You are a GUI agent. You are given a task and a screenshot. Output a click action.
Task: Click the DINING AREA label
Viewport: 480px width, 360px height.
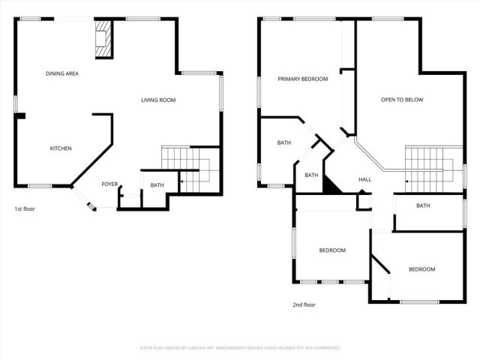click(x=62, y=73)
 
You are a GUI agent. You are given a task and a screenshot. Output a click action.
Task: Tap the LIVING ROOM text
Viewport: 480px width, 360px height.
click(x=158, y=100)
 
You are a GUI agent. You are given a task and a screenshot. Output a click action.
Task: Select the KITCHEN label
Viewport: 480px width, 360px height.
click(x=61, y=148)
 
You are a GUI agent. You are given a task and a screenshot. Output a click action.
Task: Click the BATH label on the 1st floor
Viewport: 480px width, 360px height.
click(x=157, y=185)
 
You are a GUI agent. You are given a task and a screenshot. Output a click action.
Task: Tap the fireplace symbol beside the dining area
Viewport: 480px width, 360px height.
click(x=103, y=38)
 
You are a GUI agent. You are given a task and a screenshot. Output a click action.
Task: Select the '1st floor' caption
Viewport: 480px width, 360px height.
click(x=24, y=208)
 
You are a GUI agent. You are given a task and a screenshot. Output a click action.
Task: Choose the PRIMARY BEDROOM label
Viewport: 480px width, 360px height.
click(x=302, y=79)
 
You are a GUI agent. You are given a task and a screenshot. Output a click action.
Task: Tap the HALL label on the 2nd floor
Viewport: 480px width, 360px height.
click(x=365, y=180)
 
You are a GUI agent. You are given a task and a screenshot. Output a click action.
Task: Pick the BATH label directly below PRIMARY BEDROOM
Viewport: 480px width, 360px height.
click(x=284, y=142)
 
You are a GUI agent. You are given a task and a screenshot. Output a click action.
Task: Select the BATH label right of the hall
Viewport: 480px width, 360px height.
click(x=423, y=206)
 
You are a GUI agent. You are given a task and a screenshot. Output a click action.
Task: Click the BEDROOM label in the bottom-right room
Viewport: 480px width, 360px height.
click(x=421, y=269)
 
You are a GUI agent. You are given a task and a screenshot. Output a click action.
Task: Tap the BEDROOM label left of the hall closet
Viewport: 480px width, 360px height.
click(x=332, y=250)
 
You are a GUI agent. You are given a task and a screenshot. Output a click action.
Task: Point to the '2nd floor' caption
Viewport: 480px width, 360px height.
click(x=304, y=305)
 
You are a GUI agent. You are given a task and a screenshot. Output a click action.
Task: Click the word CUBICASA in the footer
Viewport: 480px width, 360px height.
click(x=214, y=348)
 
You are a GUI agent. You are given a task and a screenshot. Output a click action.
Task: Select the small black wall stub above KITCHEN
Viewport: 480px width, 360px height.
click(x=21, y=116)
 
